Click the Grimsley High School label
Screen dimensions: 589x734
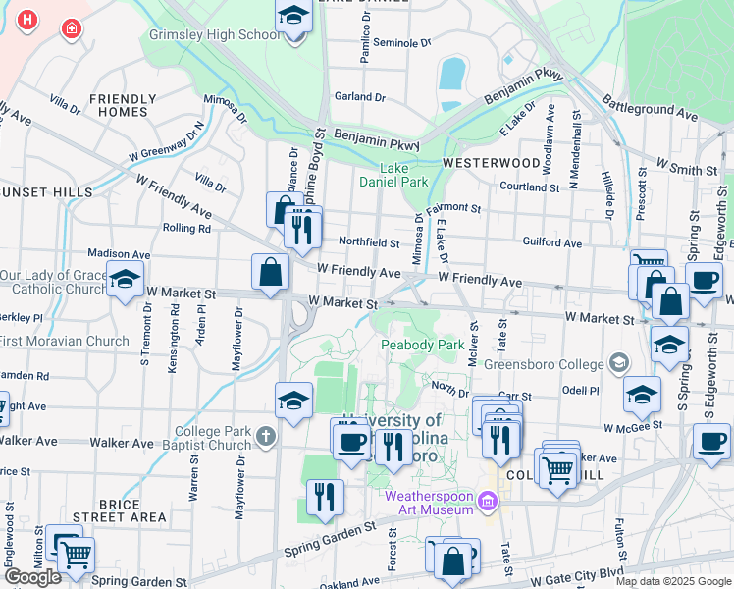(x=214, y=35)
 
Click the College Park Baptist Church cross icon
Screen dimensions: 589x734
(x=264, y=434)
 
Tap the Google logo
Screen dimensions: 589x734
(x=32, y=577)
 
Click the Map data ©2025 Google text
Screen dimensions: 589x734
(x=672, y=581)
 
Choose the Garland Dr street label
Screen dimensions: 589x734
(x=359, y=97)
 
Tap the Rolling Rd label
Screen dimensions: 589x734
(x=186, y=229)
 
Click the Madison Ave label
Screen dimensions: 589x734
(x=119, y=253)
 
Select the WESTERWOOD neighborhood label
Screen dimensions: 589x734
(x=491, y=162)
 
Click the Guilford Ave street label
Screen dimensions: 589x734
(x=552, y=243)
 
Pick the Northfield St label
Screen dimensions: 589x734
(x=369, y=242)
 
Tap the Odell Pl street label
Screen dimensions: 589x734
(x=580, y=391)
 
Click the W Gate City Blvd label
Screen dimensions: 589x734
(x=586, y=572)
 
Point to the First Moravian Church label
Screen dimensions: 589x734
(x=65, y=342)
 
